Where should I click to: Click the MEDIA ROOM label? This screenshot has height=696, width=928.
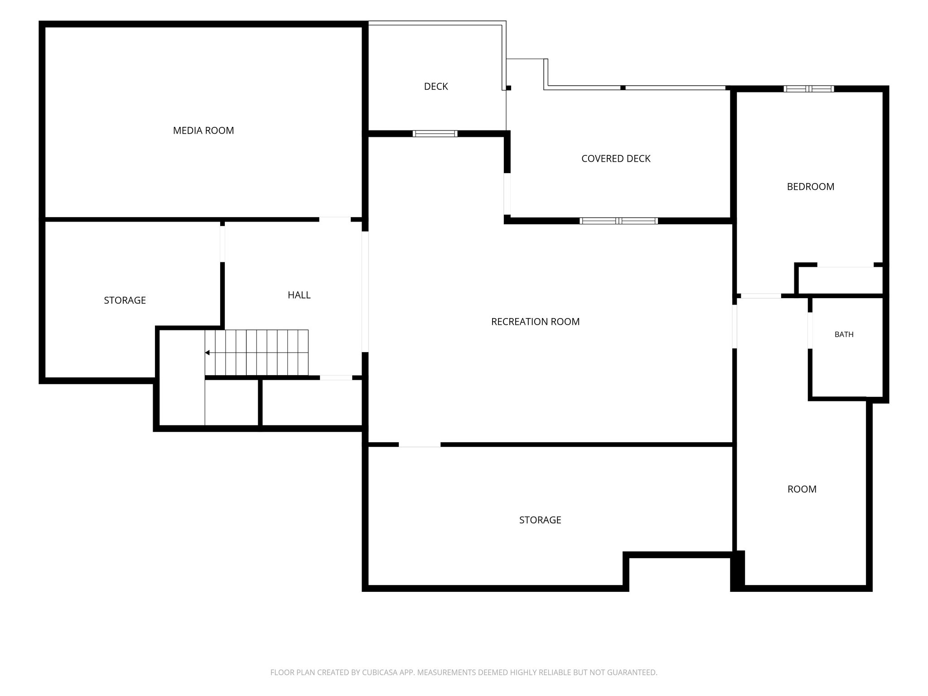(x=203, y=130)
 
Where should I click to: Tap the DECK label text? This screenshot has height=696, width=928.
(x=436, y=87)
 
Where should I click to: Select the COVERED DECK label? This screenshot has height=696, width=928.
(x=616, y=159)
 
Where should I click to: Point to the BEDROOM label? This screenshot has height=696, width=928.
(x=811, y=187)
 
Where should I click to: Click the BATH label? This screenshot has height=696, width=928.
(x=844, y=334)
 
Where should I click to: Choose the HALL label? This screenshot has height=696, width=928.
(x=299, y=295)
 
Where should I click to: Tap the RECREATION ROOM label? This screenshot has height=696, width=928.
(x=536, y=322)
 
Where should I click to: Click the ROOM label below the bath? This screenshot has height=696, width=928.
(x=802, y=489)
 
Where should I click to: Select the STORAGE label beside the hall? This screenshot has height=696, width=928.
(x=125, y=300)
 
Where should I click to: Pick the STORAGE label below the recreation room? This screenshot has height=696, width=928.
(x=540, y=520)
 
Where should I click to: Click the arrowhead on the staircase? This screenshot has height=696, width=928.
(x=208, y=353)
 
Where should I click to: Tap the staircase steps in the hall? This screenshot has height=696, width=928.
(x=256, y=353)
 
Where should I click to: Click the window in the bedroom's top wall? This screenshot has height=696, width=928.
(x=809, y=89)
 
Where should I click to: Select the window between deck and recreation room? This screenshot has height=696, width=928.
(x=435, y=134)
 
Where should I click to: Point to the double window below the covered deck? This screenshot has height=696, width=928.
(x=619, y=221)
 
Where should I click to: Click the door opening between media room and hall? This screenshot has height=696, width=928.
(x=335, y=220)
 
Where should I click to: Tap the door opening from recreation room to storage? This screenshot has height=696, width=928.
(x=420, y=445)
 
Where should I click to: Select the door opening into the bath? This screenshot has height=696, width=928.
(x=810, y=331)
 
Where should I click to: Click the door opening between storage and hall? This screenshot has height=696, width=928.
(x=222, y=244)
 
